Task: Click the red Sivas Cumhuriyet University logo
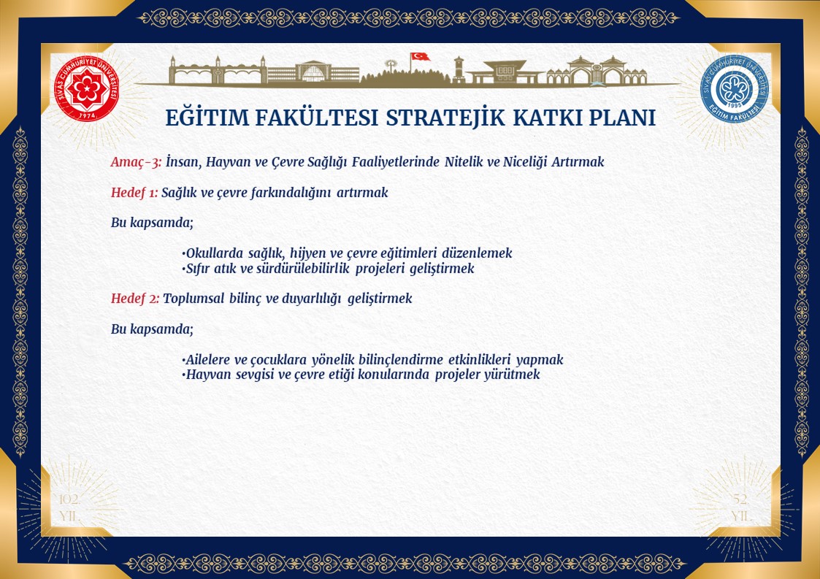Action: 87,89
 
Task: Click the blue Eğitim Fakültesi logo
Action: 735,89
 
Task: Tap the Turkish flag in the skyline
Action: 420,56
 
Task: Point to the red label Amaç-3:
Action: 136,162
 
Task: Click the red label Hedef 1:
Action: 134,193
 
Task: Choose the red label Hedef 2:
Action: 135,299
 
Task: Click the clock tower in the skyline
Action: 459,69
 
